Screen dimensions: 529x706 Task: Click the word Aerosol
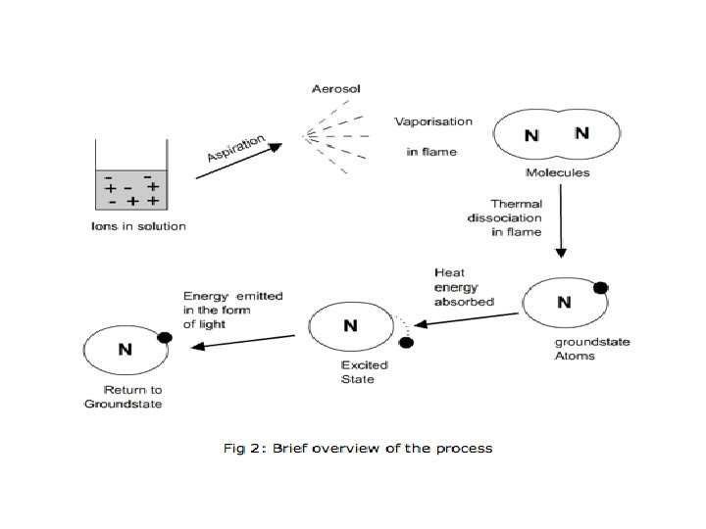(x=336, y=90)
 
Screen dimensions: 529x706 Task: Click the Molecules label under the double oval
(x=557, y=172)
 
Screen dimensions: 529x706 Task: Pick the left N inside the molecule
(x=530, y=136)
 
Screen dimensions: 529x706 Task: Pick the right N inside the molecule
(x=581, y=133)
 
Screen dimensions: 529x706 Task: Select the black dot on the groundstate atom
(x=601, y=288)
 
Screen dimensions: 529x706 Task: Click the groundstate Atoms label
(x=592, y=349)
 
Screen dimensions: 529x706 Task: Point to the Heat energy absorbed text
(x=463, y=288)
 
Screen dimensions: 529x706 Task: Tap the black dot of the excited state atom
(x=406, y=342)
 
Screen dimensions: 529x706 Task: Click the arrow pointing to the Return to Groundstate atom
(x=242, y=341)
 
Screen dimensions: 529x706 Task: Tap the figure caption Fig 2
(x=357, y=449)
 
